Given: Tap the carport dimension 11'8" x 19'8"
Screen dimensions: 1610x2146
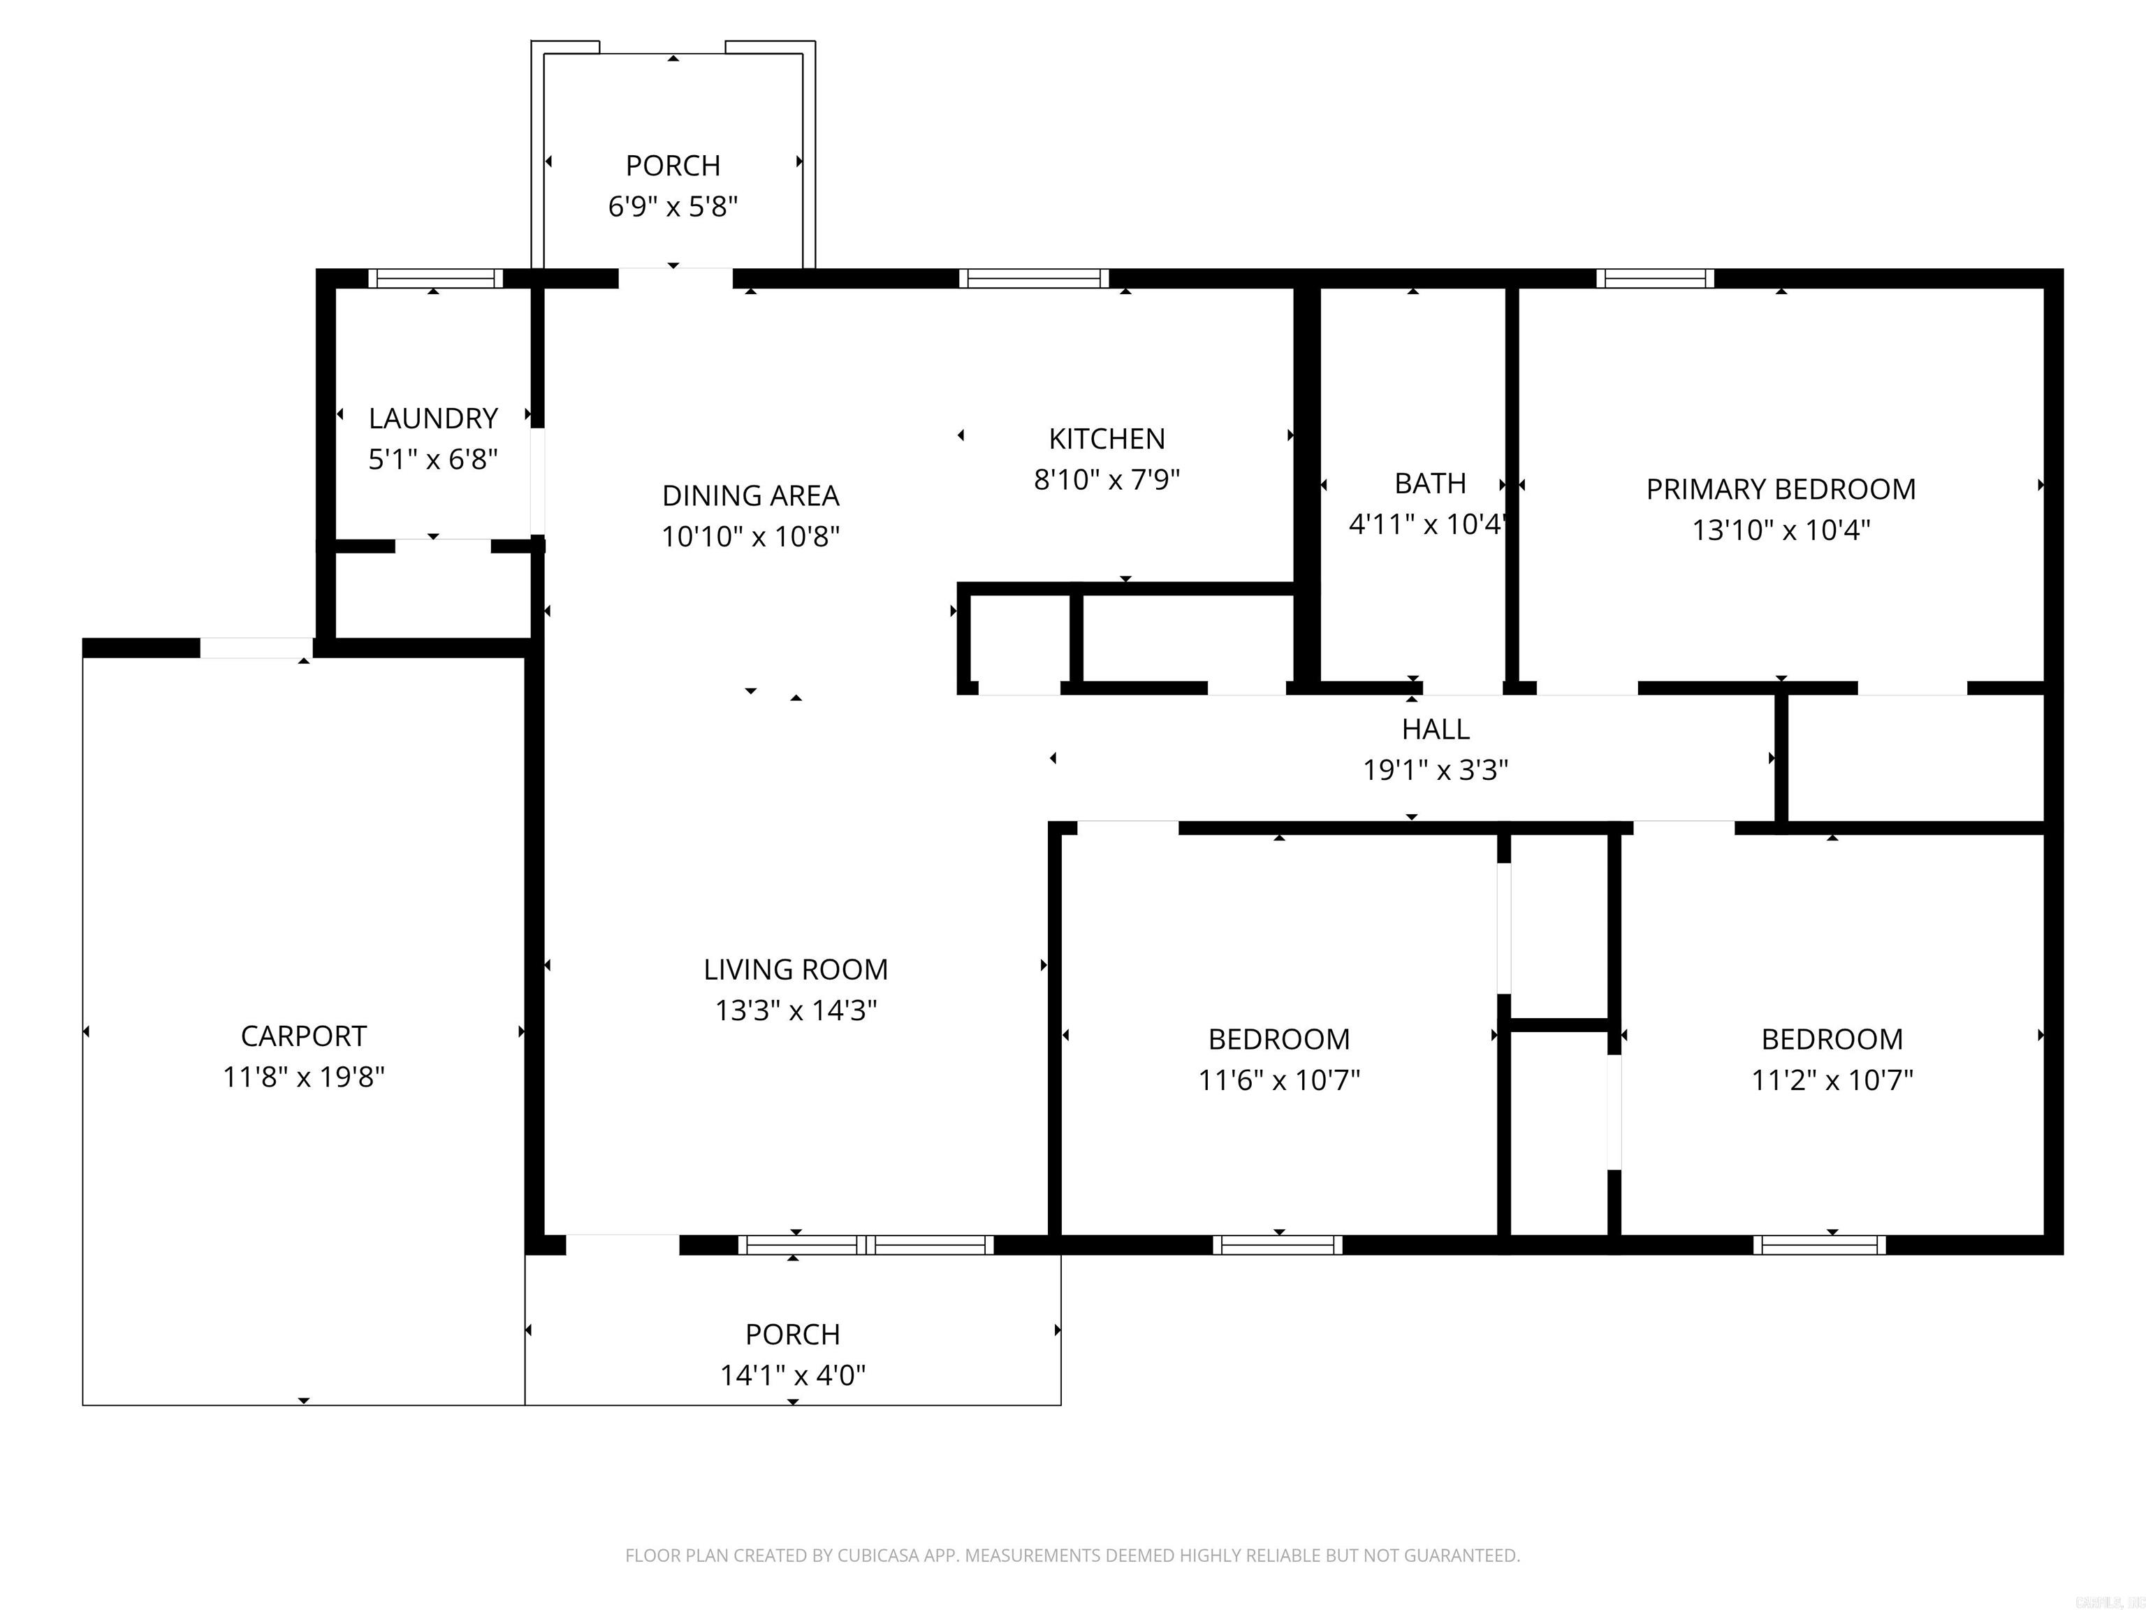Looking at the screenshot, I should point(304,1078).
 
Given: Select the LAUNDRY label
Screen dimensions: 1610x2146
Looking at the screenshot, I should point(432,419).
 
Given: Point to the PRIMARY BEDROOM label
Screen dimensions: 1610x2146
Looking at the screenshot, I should point(1780,489).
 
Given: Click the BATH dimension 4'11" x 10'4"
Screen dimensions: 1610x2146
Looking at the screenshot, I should point(1426,525).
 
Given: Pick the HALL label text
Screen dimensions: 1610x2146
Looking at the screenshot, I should point(1435,729).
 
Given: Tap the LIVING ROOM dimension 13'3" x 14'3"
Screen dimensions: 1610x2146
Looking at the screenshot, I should point(796,1010).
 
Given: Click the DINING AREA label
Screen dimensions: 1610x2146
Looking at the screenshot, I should point(750,496).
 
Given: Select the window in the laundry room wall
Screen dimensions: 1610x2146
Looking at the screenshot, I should point(435,280).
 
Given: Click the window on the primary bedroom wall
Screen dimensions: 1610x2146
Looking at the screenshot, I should point(1655,280).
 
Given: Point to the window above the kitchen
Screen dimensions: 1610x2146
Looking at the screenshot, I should point(1034,280).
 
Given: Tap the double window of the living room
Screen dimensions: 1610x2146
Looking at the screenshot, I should point(866,1245).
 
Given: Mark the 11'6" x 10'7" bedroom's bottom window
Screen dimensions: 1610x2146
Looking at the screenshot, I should point(1278,1245).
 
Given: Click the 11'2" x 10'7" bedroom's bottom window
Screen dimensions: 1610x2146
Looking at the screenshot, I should point(1819,1245).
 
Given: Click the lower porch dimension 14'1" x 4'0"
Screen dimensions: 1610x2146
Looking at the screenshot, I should point(793,1375).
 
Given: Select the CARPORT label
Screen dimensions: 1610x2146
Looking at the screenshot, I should point(304,1036).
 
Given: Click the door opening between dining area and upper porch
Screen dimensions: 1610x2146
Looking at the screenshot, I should point(676,279).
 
